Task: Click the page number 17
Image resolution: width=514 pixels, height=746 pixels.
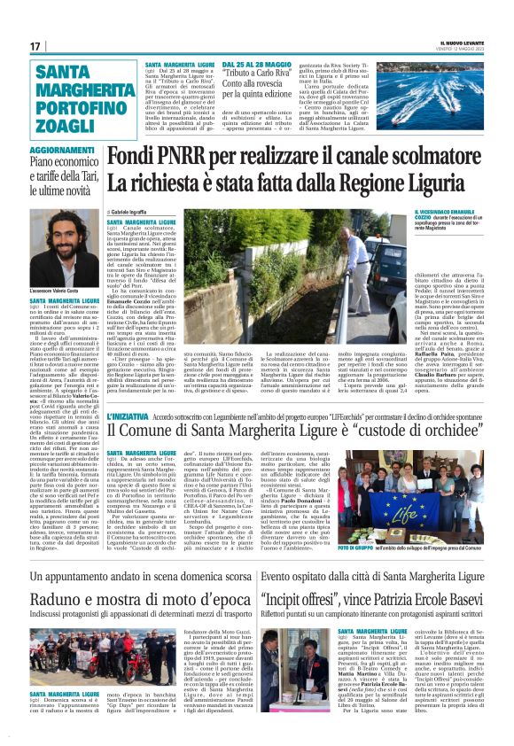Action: point(35,46)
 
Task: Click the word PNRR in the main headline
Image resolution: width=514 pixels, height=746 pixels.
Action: point(180,160)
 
